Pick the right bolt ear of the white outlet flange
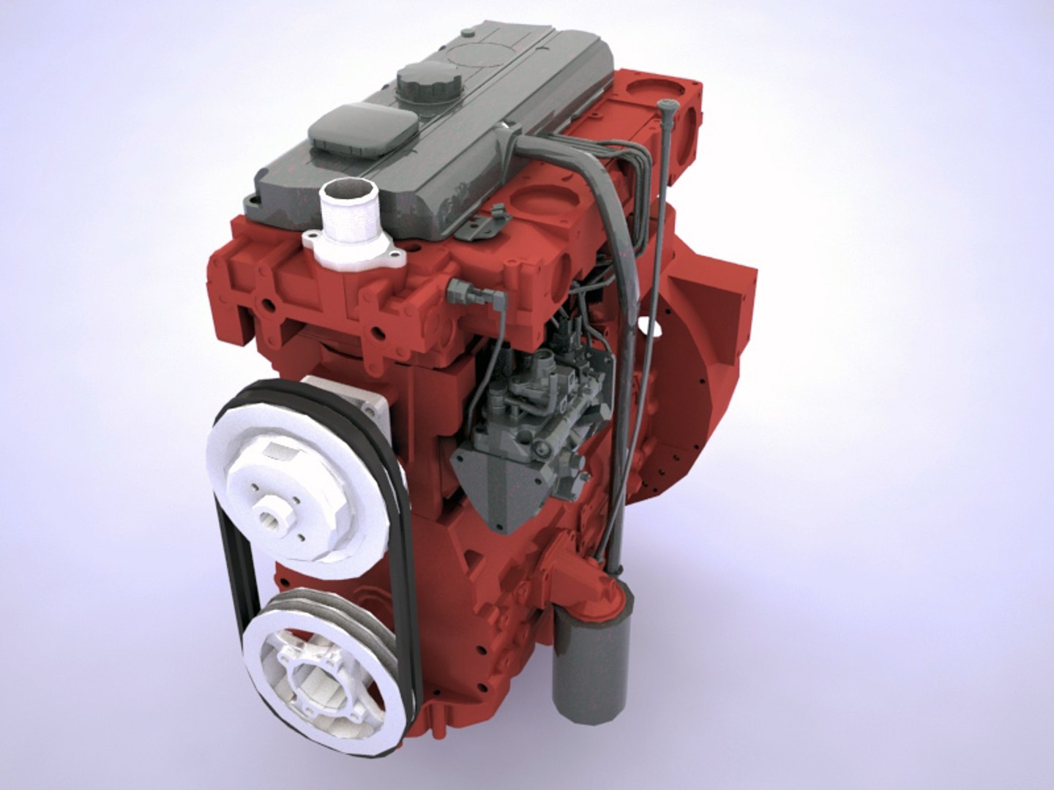[396, 256]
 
